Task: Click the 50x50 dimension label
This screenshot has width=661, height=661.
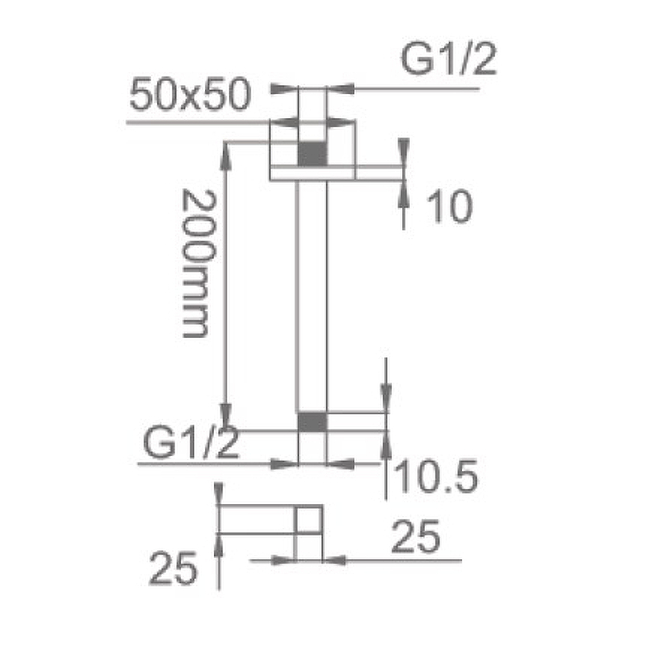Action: click(191, 95)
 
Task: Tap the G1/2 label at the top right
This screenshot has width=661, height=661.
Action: click(449, 59)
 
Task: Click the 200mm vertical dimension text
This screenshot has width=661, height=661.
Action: click(198, 264)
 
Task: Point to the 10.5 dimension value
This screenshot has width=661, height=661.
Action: click(437, 476)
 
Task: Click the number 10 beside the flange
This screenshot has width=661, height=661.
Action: click(449, 206)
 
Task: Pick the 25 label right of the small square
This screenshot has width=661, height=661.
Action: click(416, 536)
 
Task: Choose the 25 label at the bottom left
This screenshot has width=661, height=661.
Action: click(173, 568)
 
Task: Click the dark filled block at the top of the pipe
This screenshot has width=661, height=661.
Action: click(312, 155)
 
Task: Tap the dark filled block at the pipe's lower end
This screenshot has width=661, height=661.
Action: click(312, 422)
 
